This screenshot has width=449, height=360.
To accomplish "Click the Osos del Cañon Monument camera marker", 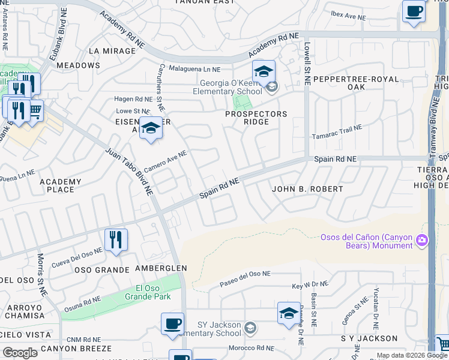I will click(x=422, y=241).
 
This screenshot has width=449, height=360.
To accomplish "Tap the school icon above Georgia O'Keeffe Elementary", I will click(x=264, y=72).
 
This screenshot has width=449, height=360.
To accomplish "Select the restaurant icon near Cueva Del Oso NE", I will click(x=116, y=240).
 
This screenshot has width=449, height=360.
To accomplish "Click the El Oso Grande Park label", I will click(x=148, y=292).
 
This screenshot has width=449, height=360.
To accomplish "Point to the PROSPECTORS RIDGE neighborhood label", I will click(x=256, y=118).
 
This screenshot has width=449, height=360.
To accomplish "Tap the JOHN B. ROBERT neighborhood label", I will click(x=307, y=189).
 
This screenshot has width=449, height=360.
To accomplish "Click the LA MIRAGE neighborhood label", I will click(x=112, y=51).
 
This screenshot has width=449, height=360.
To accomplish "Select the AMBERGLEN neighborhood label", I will click(x=161, y=268).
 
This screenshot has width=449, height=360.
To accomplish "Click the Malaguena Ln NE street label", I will click(x=195, y=69).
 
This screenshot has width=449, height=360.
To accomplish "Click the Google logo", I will click(x=20, y=353).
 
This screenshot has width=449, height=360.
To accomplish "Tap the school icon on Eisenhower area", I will click(x=151, y=128).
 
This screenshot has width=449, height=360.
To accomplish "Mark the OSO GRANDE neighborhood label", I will click(x=101, y=270).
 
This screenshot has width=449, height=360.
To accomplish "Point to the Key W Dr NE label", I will click(x=310, y=286).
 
